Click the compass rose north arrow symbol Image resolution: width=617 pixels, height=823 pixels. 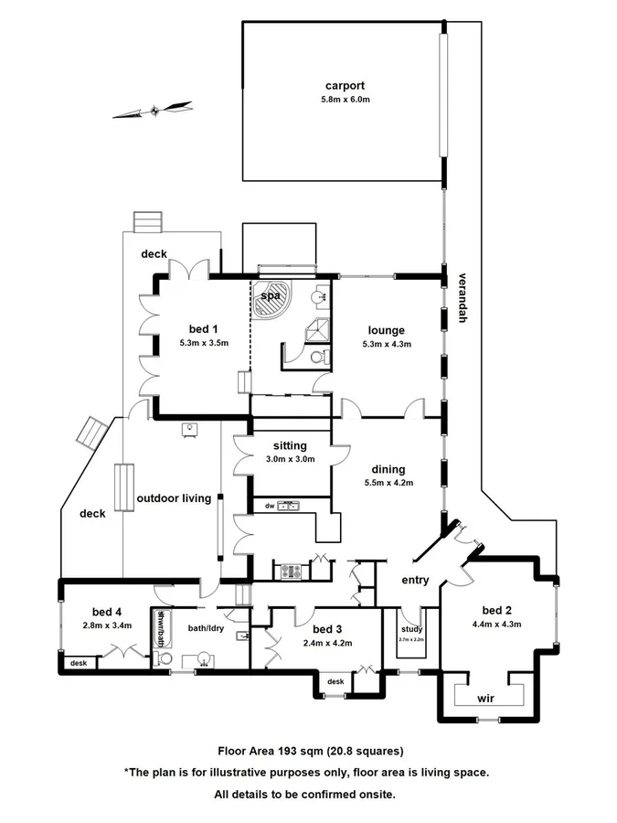click(154, 111)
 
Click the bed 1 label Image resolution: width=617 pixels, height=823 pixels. click(204, 329)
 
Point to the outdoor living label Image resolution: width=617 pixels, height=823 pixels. click(174, 498)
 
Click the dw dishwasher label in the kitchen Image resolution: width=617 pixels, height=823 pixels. click(270, 506)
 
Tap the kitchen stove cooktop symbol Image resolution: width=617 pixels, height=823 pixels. click(291, 571)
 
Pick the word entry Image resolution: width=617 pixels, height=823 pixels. click(416, 580)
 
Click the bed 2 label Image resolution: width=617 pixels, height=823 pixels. click(496, 611)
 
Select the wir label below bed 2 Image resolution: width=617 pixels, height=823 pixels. click(486, 698)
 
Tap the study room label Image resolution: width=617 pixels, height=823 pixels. click(411, 629)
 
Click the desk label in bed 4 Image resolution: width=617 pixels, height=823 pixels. click(78, 663)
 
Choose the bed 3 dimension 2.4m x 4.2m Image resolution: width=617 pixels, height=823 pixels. click(326, 642)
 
